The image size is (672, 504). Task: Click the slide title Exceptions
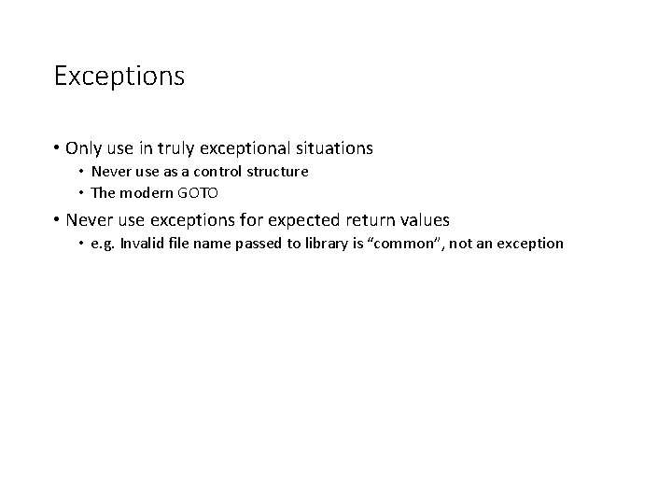coord(119,76)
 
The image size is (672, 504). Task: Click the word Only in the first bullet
coord(82,147)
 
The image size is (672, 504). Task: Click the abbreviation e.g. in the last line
coord(101,244)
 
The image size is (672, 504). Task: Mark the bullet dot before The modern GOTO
coord(80,194)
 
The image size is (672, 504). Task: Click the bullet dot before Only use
coord(58,148)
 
